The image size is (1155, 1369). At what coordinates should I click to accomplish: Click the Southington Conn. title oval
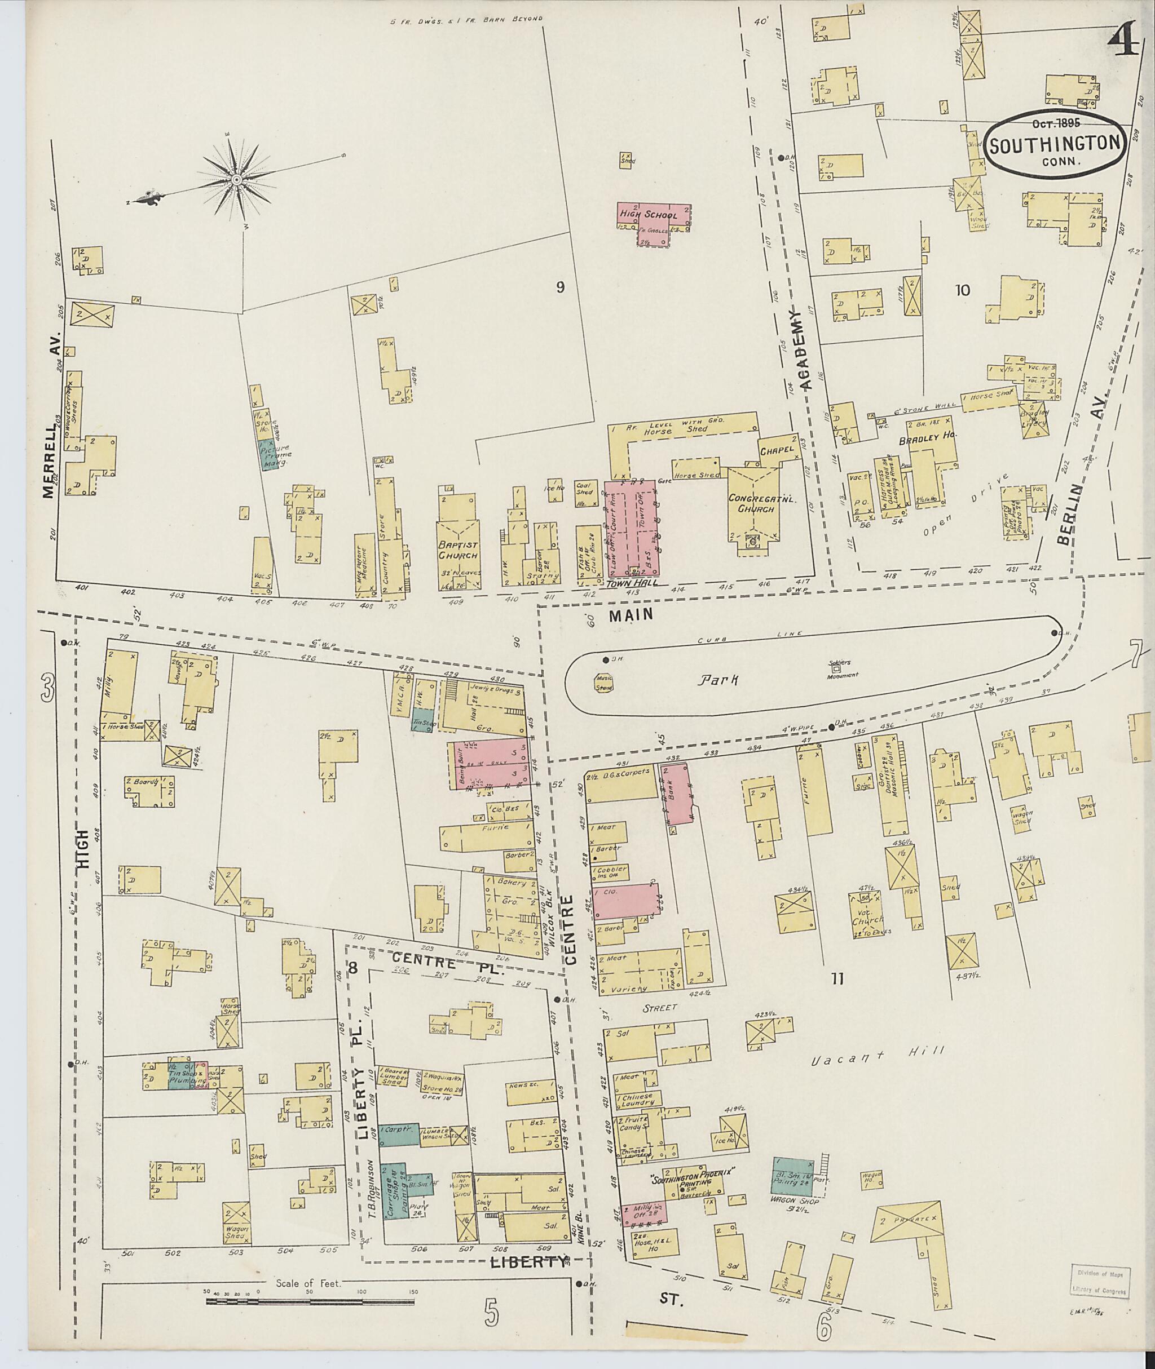1056,142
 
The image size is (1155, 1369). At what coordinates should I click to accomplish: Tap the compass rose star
235,179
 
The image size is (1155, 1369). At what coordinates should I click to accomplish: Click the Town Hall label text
627,582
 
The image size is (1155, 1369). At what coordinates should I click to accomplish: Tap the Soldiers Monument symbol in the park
835,669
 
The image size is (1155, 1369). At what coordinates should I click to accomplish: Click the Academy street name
803,351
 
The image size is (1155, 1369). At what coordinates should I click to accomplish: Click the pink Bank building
678,793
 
